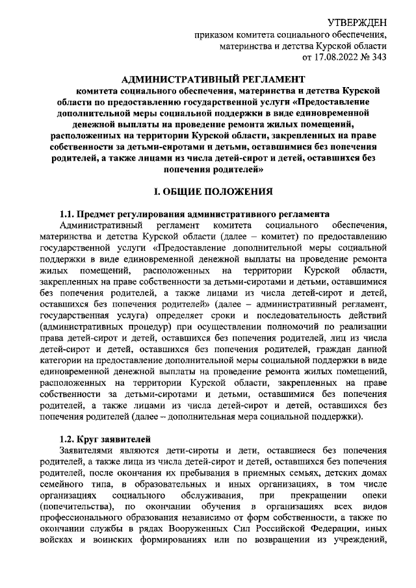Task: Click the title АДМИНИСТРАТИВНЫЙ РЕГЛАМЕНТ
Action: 207,79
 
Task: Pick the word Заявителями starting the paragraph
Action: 86,450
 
